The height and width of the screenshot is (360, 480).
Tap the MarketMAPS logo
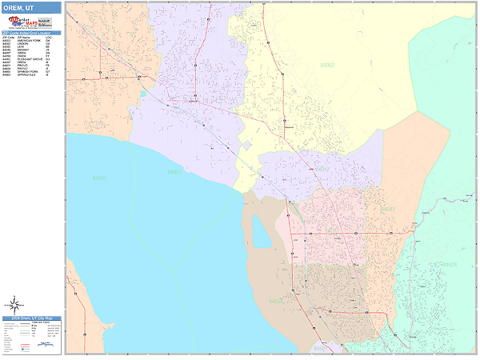click(x=31, y=22)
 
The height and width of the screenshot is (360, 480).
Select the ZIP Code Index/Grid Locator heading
click(x=31, y=33)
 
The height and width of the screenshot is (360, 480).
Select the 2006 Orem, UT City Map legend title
click(x=31, y=318)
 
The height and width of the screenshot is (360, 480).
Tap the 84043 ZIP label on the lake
click(x=99, y=178)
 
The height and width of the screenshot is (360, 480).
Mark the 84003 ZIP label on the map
click(x=174, y=171)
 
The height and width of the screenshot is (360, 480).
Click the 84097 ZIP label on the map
click(x=388, y=209)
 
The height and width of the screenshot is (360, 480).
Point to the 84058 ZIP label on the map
click(x=276, y=302)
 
